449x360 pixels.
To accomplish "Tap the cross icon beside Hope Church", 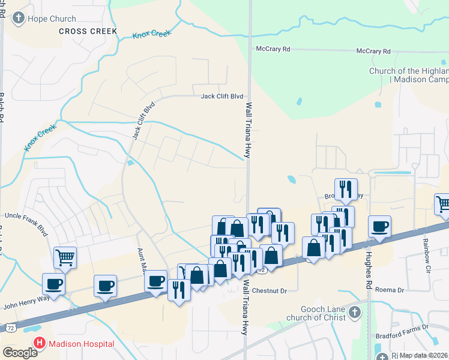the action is coord(19,18).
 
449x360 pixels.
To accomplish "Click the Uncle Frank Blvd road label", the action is coord(26,215).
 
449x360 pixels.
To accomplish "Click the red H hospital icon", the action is coord(40,344).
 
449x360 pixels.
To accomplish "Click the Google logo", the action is coord(19,353).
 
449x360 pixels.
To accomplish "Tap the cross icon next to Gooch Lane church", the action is coord(355,312).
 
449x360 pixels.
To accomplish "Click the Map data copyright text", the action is coord(424,355).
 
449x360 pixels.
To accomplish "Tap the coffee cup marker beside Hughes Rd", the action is coord(379,227).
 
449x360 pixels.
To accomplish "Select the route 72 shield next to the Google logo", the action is coord(10,328).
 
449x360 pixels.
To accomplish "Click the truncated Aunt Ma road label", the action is coord(142,258).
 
